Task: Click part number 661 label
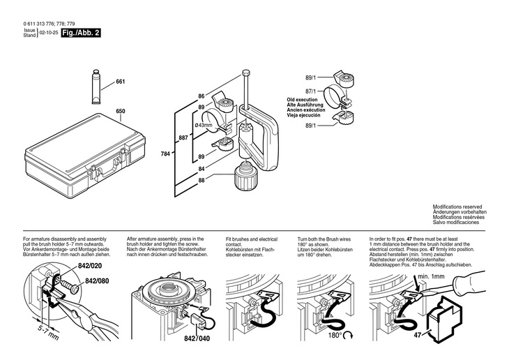120,82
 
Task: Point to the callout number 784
165,152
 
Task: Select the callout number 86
201,95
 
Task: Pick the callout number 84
201,169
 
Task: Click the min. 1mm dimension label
432,276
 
